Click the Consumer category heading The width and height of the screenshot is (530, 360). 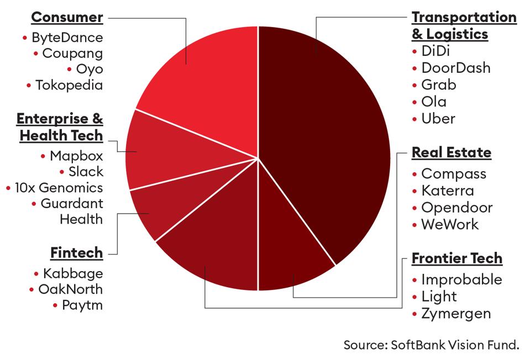tap(67, 17)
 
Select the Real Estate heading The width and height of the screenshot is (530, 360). tap(452, 152)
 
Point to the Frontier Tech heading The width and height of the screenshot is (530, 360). tap(457, 258)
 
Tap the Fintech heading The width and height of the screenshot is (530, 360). tap(76, 253)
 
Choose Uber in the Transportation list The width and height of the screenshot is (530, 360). tap(438, 118)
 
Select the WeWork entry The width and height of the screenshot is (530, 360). tap(450, 224)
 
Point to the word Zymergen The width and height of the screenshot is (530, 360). tap(456, 314)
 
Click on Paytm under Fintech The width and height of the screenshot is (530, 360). tap(82, 305)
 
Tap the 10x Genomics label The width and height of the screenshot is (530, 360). tap(59, 188)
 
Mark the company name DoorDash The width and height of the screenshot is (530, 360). tap(456, 67)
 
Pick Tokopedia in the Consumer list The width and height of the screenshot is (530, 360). tap(69, 85)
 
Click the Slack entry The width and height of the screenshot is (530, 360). tap(86, 172)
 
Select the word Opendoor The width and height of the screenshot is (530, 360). tap(456, 208)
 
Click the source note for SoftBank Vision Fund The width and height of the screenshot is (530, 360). tap(431, 345)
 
